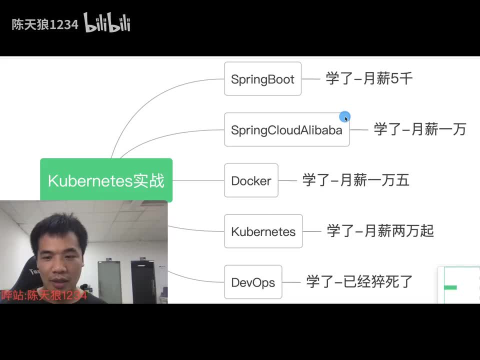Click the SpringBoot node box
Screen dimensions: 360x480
(262, 79)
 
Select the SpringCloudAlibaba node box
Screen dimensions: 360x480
(286, 130)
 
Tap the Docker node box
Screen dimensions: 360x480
(251, 180)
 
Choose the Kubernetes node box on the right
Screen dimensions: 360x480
(263, 231)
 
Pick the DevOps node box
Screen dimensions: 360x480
(253, 282)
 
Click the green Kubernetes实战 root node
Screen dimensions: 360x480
(106, 180)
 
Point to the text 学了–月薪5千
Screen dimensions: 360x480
(369, 79)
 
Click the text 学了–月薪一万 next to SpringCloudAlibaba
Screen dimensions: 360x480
(419, 129)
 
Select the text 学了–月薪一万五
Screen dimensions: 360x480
(355, 180)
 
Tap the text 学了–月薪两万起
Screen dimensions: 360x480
(380, 231)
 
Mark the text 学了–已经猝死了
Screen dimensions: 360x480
(359, 282)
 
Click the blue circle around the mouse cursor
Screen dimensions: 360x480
(344, 117)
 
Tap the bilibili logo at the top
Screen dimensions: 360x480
(107, 23)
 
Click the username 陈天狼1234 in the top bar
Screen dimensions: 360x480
(45, 25)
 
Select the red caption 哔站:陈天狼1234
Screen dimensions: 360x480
(44, 295)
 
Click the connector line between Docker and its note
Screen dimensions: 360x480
(287, 180)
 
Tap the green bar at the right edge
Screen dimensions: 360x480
(450, 287)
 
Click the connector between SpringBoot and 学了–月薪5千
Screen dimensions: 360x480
(311, 79)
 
